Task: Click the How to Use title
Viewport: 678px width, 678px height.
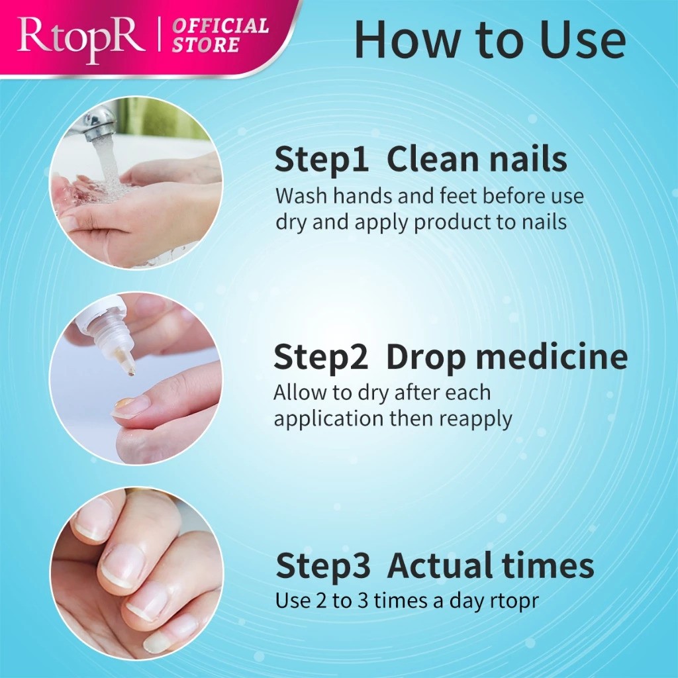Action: pyautogui.click(x=489, y=40)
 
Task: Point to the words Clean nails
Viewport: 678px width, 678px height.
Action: pyautogui.click(x=477, y=160)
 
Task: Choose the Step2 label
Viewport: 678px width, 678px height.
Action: pyautogui.click(x=321, y=358)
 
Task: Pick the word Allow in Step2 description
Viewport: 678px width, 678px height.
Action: pyautogui.click(x=299, y=392)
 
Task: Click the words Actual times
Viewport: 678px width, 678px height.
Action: pyautogui.click(x=491, y=567)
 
